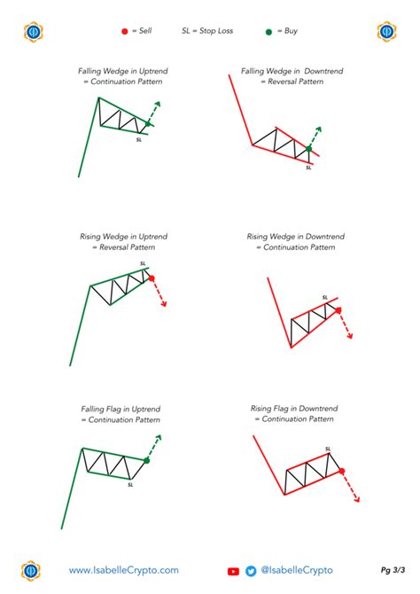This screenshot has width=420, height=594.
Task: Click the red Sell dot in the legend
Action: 124,31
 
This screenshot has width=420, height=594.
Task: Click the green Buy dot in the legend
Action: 268,31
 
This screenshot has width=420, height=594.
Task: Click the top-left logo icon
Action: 33,32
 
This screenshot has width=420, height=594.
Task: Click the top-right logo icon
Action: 387,32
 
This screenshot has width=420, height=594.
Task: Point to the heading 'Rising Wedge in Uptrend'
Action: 123,237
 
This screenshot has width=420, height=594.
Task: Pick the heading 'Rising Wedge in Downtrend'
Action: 295,237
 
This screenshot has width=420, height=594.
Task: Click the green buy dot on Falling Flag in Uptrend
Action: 146,460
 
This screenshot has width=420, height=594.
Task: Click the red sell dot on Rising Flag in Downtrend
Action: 342,471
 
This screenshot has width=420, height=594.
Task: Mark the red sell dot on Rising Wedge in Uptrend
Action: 152,278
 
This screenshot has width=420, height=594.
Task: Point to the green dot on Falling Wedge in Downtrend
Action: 308,149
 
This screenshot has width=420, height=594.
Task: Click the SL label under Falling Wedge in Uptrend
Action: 139,139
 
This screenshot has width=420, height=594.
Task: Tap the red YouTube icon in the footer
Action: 234,572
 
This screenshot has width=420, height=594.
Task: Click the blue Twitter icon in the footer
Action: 251,572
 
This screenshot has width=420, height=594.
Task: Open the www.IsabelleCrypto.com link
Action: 124,571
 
